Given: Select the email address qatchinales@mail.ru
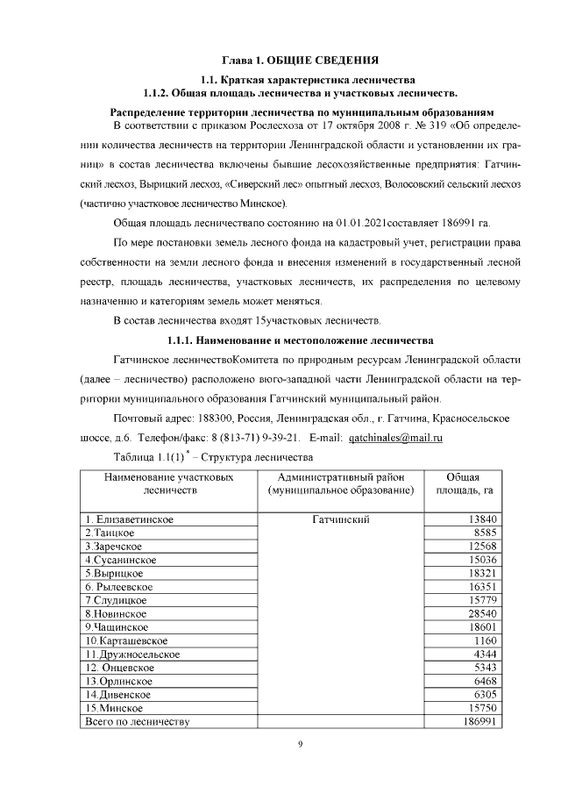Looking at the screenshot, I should [395, 437].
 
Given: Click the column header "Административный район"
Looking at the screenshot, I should [340, 476].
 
